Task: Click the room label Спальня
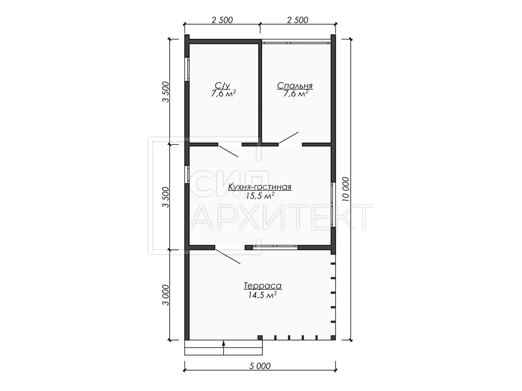(294, 86)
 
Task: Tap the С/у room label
(222, 86)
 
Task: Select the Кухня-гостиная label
(260, 187)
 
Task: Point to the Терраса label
(263, 285)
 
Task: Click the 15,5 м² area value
(261, 195)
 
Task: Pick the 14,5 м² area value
(262, 295)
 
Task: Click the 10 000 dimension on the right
(346, 189)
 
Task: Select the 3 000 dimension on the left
(166, 295)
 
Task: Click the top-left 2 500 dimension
(222, 20)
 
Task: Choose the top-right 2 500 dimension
(298, 20)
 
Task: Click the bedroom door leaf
(289, 138)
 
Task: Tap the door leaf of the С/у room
(228, 151)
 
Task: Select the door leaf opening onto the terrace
(228, 256)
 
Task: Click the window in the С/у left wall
(187, 70)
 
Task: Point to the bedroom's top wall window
(296, 42)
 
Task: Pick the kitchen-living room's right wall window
(333, 205)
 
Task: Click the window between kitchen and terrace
(275, 247)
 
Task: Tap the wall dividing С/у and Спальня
(260, 93)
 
